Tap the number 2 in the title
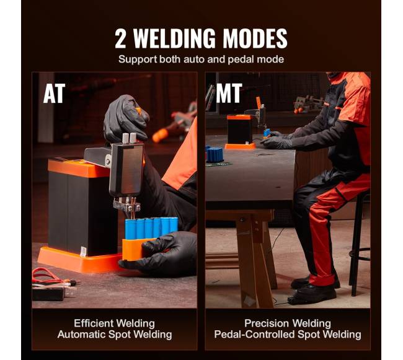120,38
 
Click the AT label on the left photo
54,94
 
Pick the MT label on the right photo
229,93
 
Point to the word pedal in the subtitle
241,59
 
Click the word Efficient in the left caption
92,323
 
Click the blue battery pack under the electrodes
151,228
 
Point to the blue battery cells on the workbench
215,154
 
